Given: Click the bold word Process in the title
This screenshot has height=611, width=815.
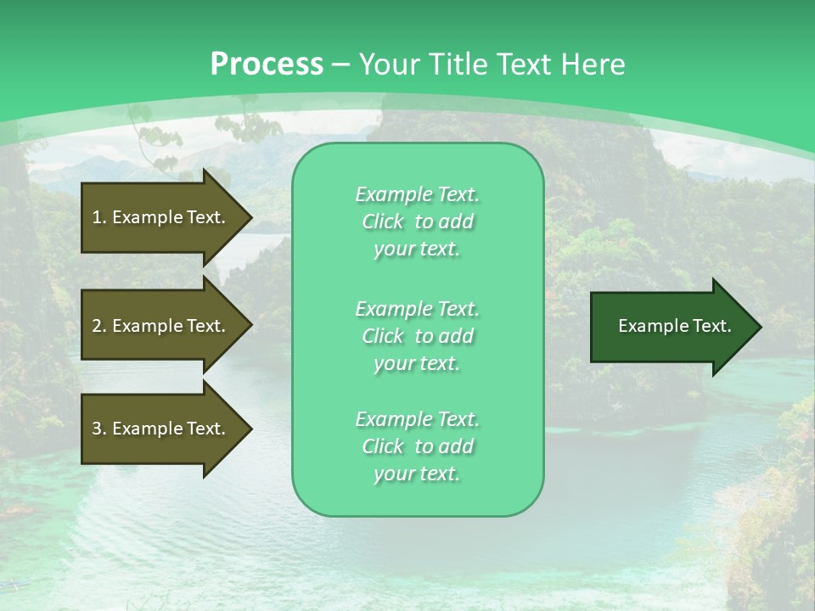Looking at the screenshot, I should coord(267,64).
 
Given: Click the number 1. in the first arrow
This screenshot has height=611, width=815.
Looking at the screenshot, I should coord(98,217).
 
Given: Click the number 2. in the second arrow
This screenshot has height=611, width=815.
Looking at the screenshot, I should coord(98,326).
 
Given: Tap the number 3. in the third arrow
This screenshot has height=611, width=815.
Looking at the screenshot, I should coord(98,429).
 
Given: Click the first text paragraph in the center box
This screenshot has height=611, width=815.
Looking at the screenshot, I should coord(418,221).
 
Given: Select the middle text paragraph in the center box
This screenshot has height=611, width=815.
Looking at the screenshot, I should coord(418,336).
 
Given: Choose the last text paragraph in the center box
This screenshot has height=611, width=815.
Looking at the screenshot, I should coord(418,446).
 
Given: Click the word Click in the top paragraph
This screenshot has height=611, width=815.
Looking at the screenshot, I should coord(383,221).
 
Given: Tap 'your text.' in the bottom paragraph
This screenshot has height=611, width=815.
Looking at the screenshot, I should coord(418,474).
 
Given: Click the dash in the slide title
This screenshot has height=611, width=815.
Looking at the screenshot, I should coord(341,64).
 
